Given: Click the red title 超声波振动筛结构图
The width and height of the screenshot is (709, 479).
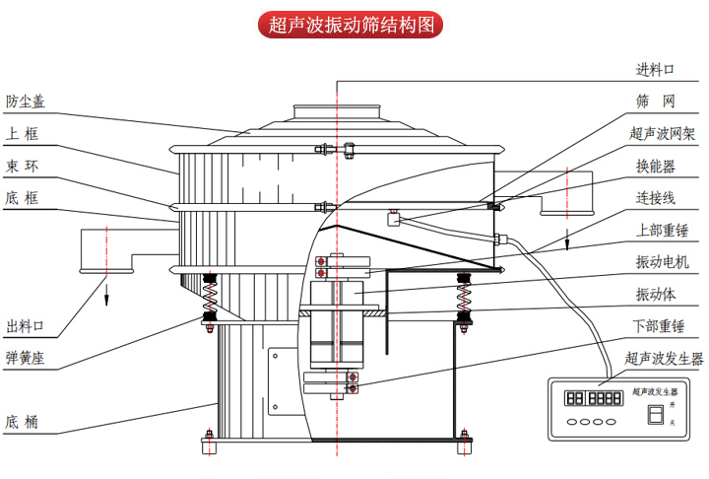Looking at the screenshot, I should [x=354, y=24].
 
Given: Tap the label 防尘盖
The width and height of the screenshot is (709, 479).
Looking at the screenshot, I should [x=26, y=102].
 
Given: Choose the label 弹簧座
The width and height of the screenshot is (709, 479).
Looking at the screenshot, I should [x=26, y=357].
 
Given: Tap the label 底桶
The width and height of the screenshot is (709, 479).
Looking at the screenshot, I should [x=23, y=422].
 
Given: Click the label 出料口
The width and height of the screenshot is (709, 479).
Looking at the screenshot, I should [x=26, y=326].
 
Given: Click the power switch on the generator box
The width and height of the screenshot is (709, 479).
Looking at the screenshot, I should [x=650, y=415].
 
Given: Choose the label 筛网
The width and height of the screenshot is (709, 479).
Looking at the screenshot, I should [x=655, y=102].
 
